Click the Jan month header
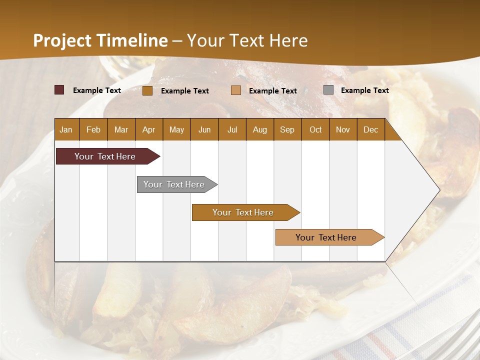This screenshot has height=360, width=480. pyautogui.click(x=66, y=130)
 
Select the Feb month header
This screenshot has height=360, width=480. pyautogui.click(x=93, y=130)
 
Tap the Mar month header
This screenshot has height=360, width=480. pyautogui.click(x=121, y=130)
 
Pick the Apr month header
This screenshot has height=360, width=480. pyautogui.click(x=149, y=130)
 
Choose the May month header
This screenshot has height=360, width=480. pyautogui.click(x=176, y=130)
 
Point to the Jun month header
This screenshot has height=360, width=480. pyautogui.click(x=204, y=130)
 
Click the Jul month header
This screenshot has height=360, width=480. pyautogui.click(x=232, y=130)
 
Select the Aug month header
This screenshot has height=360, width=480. pyautogui.click(x=260, y=130)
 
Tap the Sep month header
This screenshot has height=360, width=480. pyautogui.click(x=287, y=130)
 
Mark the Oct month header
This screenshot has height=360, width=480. pyautogui.click(x=315, y=130)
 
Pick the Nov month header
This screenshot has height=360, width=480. pyautogui.click(x=343, y=130)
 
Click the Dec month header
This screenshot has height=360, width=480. pyautogui.click(x=371, y=130)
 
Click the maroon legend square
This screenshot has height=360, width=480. pyautogui.click(x=59, y=90)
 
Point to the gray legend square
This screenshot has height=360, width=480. pyautogui.click(x=328, y=90)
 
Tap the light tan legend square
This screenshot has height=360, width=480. pyautogui.click(x=236, y=90)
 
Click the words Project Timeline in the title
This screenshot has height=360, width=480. pyautogui.click(x=100, y=40)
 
